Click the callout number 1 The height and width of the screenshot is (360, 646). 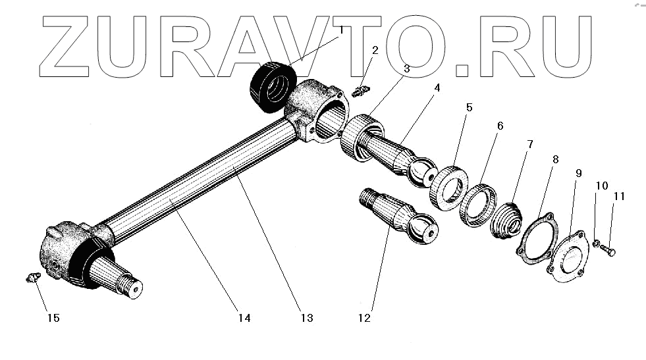341,30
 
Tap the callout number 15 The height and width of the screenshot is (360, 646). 53,318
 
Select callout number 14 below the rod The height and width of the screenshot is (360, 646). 244,318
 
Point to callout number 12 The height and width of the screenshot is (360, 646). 364,319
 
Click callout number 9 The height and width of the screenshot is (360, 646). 579,173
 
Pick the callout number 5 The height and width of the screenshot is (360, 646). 469,107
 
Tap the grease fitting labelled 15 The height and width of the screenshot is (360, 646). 30,279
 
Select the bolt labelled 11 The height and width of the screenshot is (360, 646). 610,251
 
